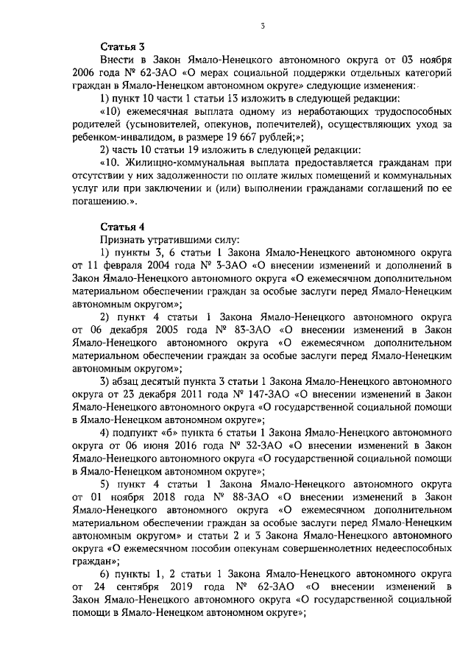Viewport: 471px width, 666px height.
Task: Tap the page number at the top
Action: click(262, 26)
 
